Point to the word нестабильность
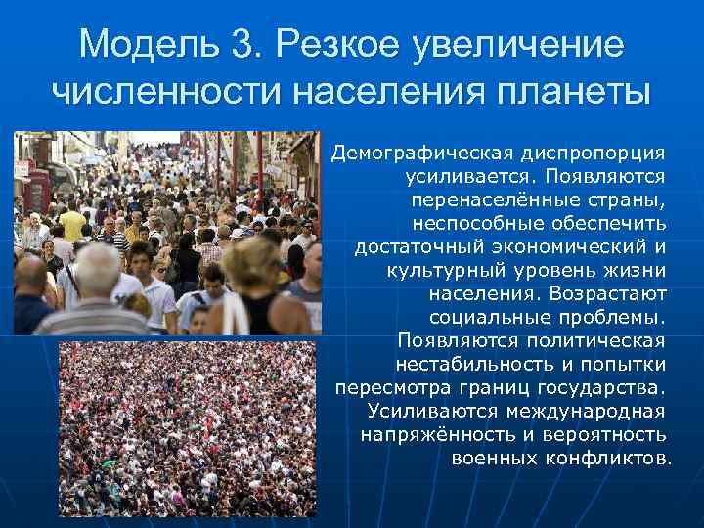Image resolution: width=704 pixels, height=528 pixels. [x=505, y=364]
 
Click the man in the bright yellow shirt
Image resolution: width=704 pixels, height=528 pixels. [x=72, y=226]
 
